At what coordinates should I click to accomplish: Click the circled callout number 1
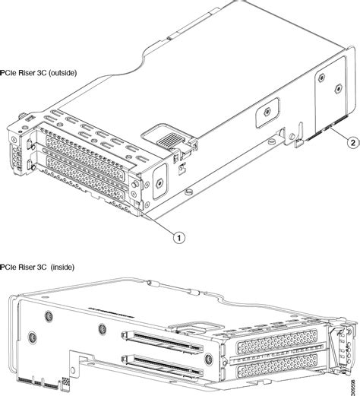tap(179, 236)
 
